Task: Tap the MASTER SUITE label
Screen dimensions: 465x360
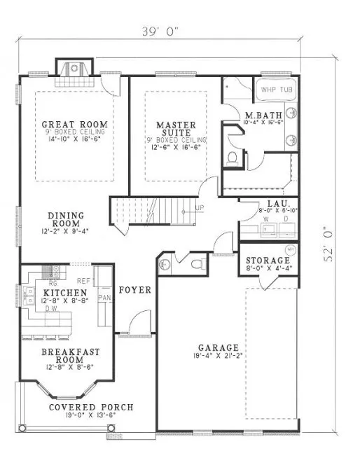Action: pyautogui.click(x=175, y=130)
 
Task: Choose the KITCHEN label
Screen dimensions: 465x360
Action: pyautogui.click(x=64, y=293)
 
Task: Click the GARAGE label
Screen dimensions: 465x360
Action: pyautogui.click(x=218, y=348)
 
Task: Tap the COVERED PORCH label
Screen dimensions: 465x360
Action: pyautogui.click(x=91, y=408)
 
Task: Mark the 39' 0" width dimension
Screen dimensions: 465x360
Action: pyautogui.click(x=160, y=30)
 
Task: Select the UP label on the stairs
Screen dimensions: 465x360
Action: pyautogui.click(x=201, y=209)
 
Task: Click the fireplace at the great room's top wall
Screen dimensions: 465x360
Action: pyautogui.click(x=74, y=69)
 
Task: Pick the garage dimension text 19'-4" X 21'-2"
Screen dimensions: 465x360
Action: pyautogui.click(x=218, y=356)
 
